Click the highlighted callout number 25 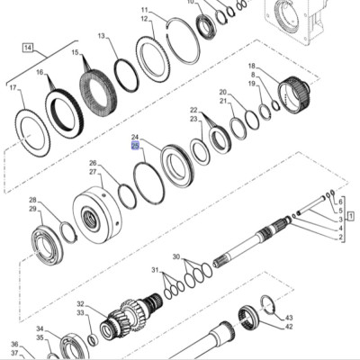(136, 146)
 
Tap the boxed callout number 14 (28, 48)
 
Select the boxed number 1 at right (351, 215)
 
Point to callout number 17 (13, 88)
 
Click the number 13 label (102, 36)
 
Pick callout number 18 (251, 66)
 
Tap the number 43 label (288, 318)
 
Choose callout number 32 (81, 304)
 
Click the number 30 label (176, 257)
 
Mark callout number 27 (93, 172)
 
